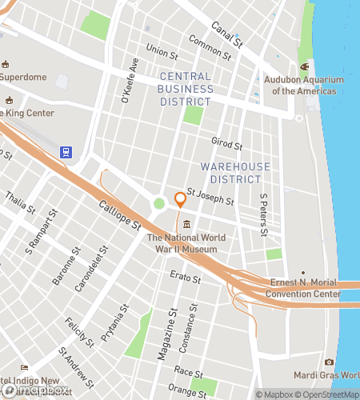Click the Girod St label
[x=227, y=144]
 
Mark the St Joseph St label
[x=210, y=197]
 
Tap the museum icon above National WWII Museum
[x=186, y=223]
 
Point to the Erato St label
[x=184, y=277]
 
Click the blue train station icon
[x=66, y=152]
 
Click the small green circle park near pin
[x=159, y=203]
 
